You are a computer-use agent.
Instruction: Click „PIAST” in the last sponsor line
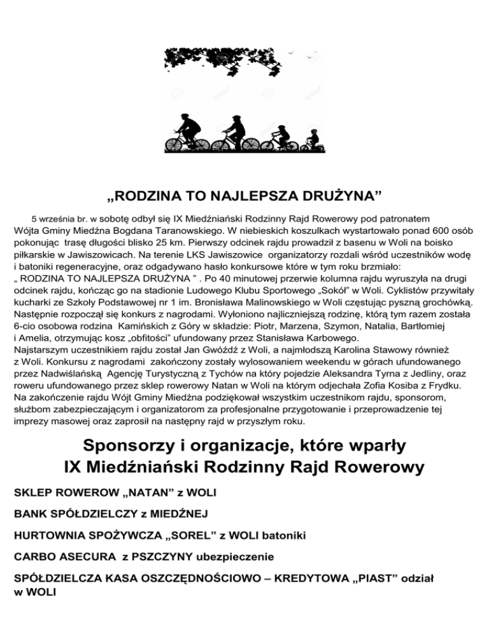(369, 579)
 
